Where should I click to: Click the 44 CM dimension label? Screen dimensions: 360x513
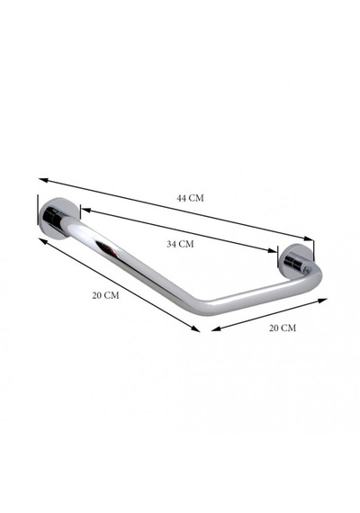(190, 198)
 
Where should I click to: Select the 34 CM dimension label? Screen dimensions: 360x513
(180, 244)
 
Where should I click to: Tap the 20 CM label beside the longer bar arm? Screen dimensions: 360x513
(105, 295)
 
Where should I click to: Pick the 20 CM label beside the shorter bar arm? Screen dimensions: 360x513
(283, 328)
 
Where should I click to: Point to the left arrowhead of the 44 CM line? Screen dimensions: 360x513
(43, 180)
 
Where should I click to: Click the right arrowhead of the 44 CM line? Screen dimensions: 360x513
(309, 238)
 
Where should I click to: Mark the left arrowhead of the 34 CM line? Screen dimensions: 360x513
(85, 210)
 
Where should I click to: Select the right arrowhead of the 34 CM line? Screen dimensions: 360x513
(273, 251)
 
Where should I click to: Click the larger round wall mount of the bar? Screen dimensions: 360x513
(58, 219)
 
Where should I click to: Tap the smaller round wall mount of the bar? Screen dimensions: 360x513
(295, 261)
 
